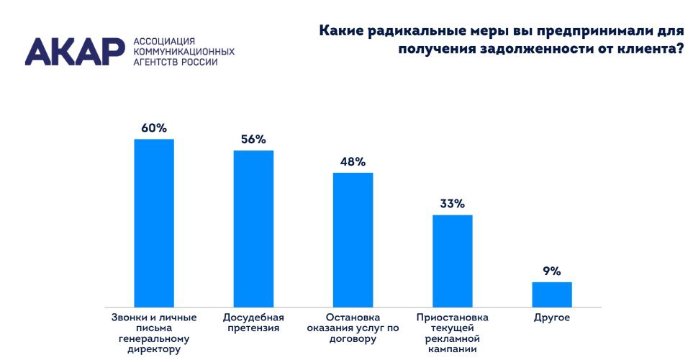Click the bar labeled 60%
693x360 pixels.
tap(154, 223)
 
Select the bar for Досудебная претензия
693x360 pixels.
tap(253, 229)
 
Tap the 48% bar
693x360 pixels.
tap(353, 240)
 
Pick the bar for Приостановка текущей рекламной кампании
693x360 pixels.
tap(452, 261)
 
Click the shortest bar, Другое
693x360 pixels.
tap(552, 294)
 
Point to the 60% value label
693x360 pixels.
tap(154, 128)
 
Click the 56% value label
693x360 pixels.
tap(253, 140)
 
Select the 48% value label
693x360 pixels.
tap(353, 162)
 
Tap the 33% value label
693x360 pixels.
tap(453, 204)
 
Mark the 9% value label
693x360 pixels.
tap(552, 271)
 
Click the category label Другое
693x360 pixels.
tap(552, 317)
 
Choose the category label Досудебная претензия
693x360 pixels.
tap(253, 323)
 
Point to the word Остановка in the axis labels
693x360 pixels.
tap(352, 317)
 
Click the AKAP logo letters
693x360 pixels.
tap(74, 52)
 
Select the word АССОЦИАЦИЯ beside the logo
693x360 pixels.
tap(165, 42)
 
